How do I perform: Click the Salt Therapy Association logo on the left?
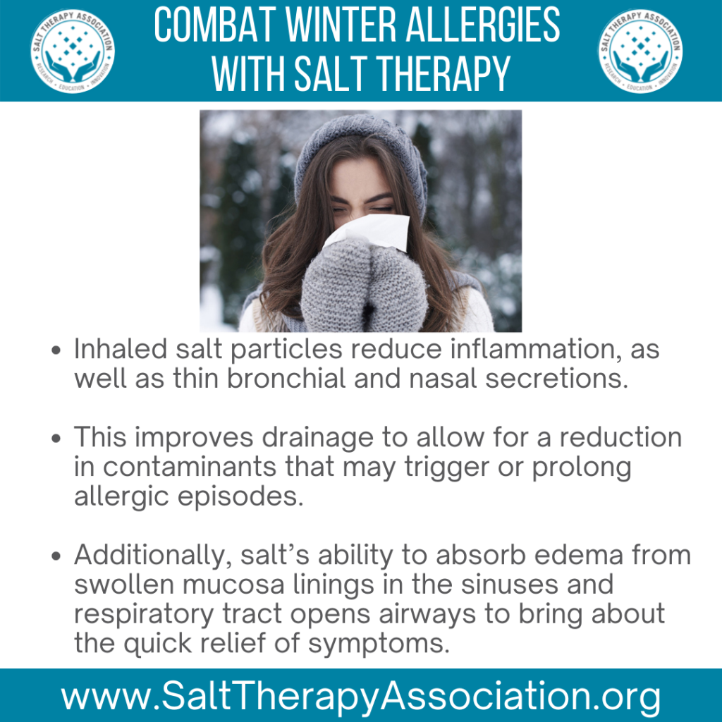coord(73,51)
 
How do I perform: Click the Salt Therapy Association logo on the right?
coord(640,51)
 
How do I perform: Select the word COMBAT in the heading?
coord(214,25)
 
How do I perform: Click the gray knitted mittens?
coord(364,286)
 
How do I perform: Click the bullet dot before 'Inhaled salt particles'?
coord(56,350)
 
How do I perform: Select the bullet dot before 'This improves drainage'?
coord(56,439)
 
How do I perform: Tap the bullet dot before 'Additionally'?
coord(56,556)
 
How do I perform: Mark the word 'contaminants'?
coord(189,467)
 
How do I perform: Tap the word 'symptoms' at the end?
coord(379,644)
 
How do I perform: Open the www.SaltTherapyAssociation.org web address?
coord(360,697)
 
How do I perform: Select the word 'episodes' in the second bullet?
coord(241,498)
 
